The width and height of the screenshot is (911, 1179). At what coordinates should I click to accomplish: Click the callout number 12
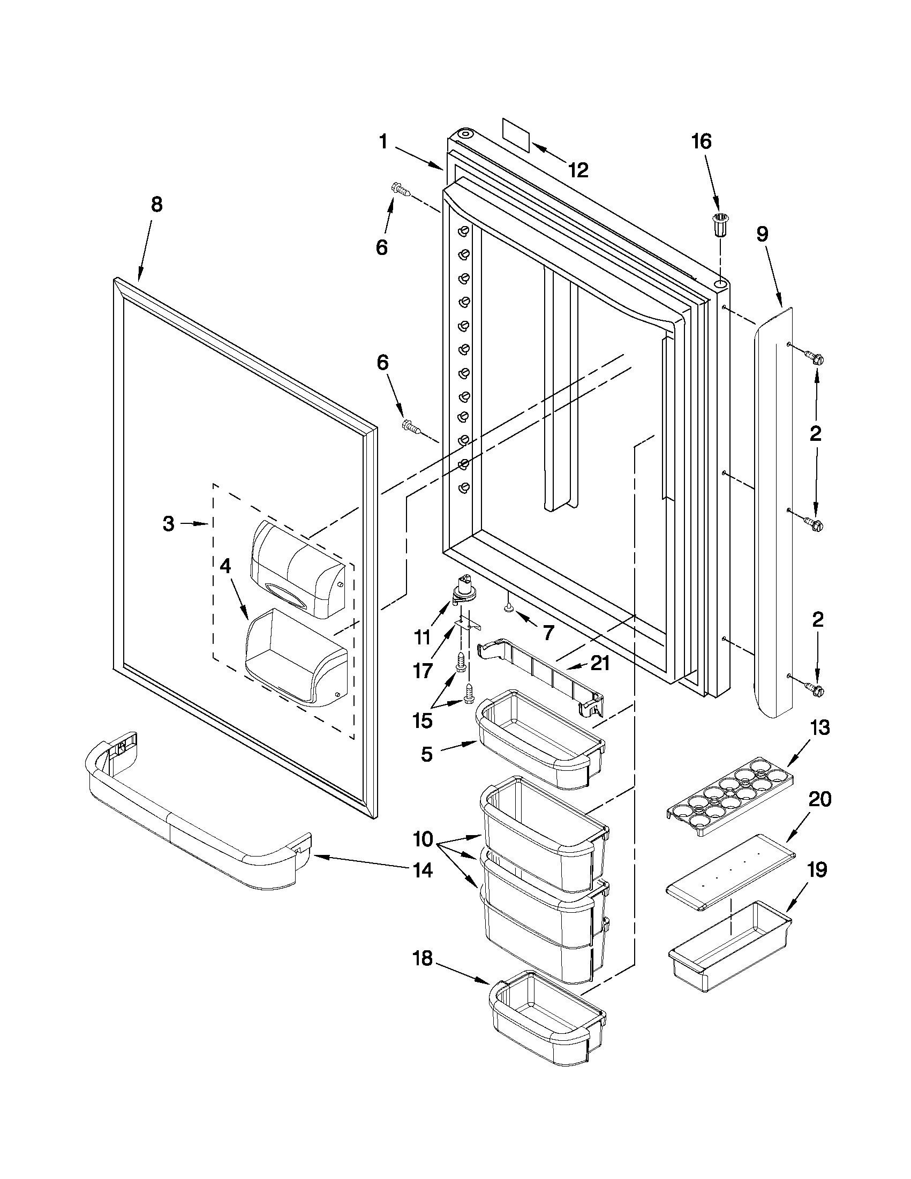[577, 170]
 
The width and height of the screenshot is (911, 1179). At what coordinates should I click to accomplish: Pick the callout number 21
[600, 664]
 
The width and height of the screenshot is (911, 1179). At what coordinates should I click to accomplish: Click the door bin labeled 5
[540, 741]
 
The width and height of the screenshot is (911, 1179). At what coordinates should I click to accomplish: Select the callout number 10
[423, 839]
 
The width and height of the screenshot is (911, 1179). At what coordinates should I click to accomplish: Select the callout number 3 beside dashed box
[168, 523]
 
